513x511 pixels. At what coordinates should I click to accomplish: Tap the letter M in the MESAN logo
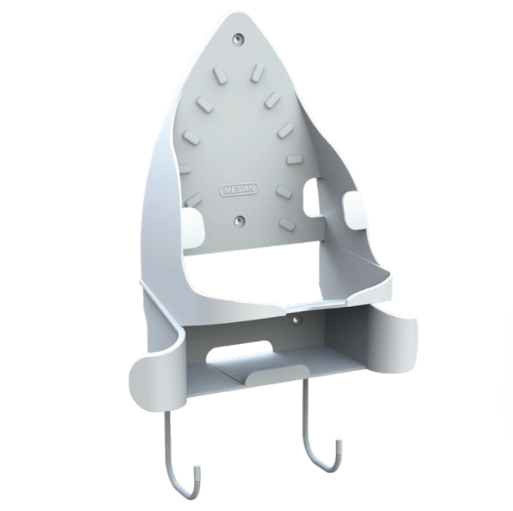[225, 191]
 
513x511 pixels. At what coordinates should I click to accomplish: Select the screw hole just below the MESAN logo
[240, 220]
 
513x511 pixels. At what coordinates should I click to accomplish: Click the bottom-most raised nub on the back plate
[288, 223]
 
